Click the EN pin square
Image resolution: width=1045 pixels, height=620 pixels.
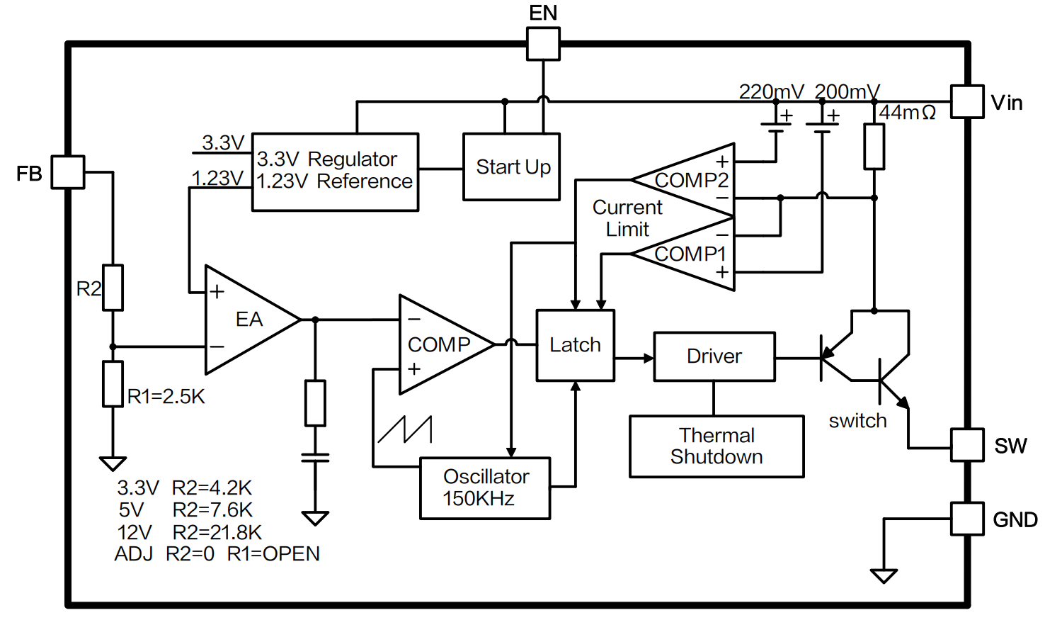pyautogui.click(x=543, y=44)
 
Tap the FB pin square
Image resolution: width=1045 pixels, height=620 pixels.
pyautogui.click(x=68, y=172)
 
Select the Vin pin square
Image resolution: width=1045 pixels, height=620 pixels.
pyautogui.click(x=966, y=102)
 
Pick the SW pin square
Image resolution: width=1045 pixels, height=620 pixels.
pyautogui.click(x=966, y=445)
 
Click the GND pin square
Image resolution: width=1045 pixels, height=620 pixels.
pyautogui.click(x=966, y=519)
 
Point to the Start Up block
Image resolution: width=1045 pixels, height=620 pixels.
pyautogui.click(x=511, y=167)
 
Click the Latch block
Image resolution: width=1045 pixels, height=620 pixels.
pyautogui.click(x=575, y=345)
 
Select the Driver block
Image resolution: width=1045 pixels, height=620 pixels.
pyautogui.click(x=714, y=356)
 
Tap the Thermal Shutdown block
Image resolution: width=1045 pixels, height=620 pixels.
pyautogui.click(x=716, y=446)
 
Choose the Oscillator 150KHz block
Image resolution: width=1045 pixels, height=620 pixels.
pyautogui.click(x=485, y=488)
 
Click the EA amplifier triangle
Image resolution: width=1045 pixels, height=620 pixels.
pyautogui.click(x=244, y=320)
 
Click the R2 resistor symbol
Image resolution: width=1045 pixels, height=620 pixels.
pyautogui.click(x=113, y=288)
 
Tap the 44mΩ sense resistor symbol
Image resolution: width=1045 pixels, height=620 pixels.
pyautogui.click(x=874, y=147)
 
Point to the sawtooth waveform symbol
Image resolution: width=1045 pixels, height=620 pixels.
pyautogui.click(x=405, y=429)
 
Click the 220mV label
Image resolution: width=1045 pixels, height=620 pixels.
pyautogui.click(x=771, y=91)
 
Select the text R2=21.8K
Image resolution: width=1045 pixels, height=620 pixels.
pyautogui.click(x=217, y=532)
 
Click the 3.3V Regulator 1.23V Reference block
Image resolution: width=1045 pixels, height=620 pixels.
pyautogui.click(x=335, y=172)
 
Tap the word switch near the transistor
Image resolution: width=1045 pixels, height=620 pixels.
pyautogui.click(x=857, y=421)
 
